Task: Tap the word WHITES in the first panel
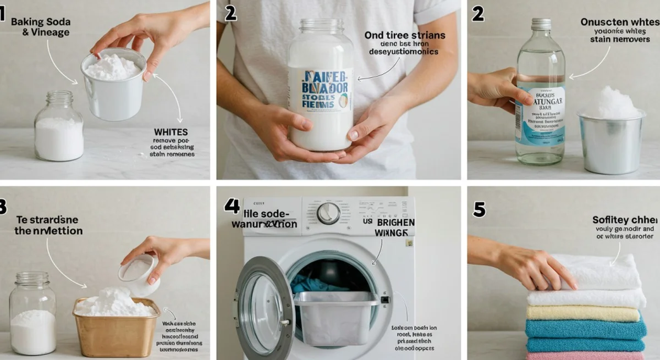[171, 132]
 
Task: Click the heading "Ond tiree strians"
[404, 35]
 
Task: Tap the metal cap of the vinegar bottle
[541, 24]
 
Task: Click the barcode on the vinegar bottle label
[518, 120]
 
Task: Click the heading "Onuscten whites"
[619, 22]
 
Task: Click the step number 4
[232, 206]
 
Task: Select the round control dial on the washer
[328, 213]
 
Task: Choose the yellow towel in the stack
[582, 313]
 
